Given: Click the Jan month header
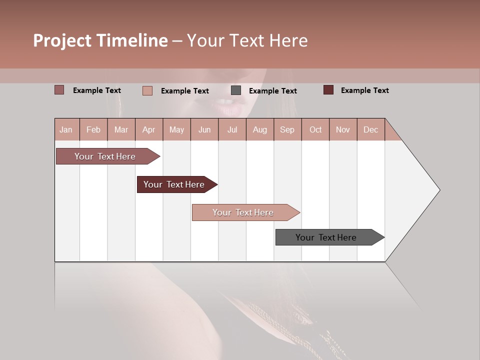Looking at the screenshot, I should pyautogui.click(x=66, y=129).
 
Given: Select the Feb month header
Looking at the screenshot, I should pyautogui.click(x=93, y=129).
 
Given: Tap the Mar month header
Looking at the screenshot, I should pyautogui.click(x=121, y=129).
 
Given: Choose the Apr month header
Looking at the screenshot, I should pyautogui.click(x=149, y=129).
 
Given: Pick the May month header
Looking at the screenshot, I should pyautogui.click(x=176, y=129).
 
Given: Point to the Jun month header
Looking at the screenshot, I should pyautogui.click(x=204, y=129).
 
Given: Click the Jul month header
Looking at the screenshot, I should pyautogui.click(x=232, y=129).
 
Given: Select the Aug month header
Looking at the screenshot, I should pyautogui.click(x=260, y=129).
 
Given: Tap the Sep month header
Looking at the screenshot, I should pyautogui.click(x=287, y=129).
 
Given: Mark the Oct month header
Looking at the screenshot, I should pyautogui.click(x=315, y=129).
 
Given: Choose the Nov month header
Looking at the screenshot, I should pyautogui.click(x=343, y=129).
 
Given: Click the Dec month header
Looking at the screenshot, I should pyautogui.click(x=371, y=129).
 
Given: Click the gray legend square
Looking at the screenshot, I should pyautogui.click(x=236, y=90).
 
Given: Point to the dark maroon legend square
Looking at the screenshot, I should pyautogui.click(x=328, y=90).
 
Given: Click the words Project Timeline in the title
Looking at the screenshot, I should pyautogui.click(x=100, y=40).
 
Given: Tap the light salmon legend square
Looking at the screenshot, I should pyautogui.click(x=147, y=90).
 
